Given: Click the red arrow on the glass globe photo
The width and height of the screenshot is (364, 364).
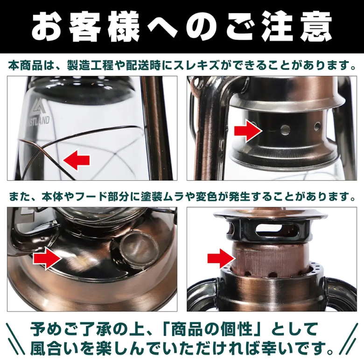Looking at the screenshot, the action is pyautogui.click(x=76, y=160).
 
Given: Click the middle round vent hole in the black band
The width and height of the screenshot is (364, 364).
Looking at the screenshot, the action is pyautogui.click(x=285, y=130).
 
